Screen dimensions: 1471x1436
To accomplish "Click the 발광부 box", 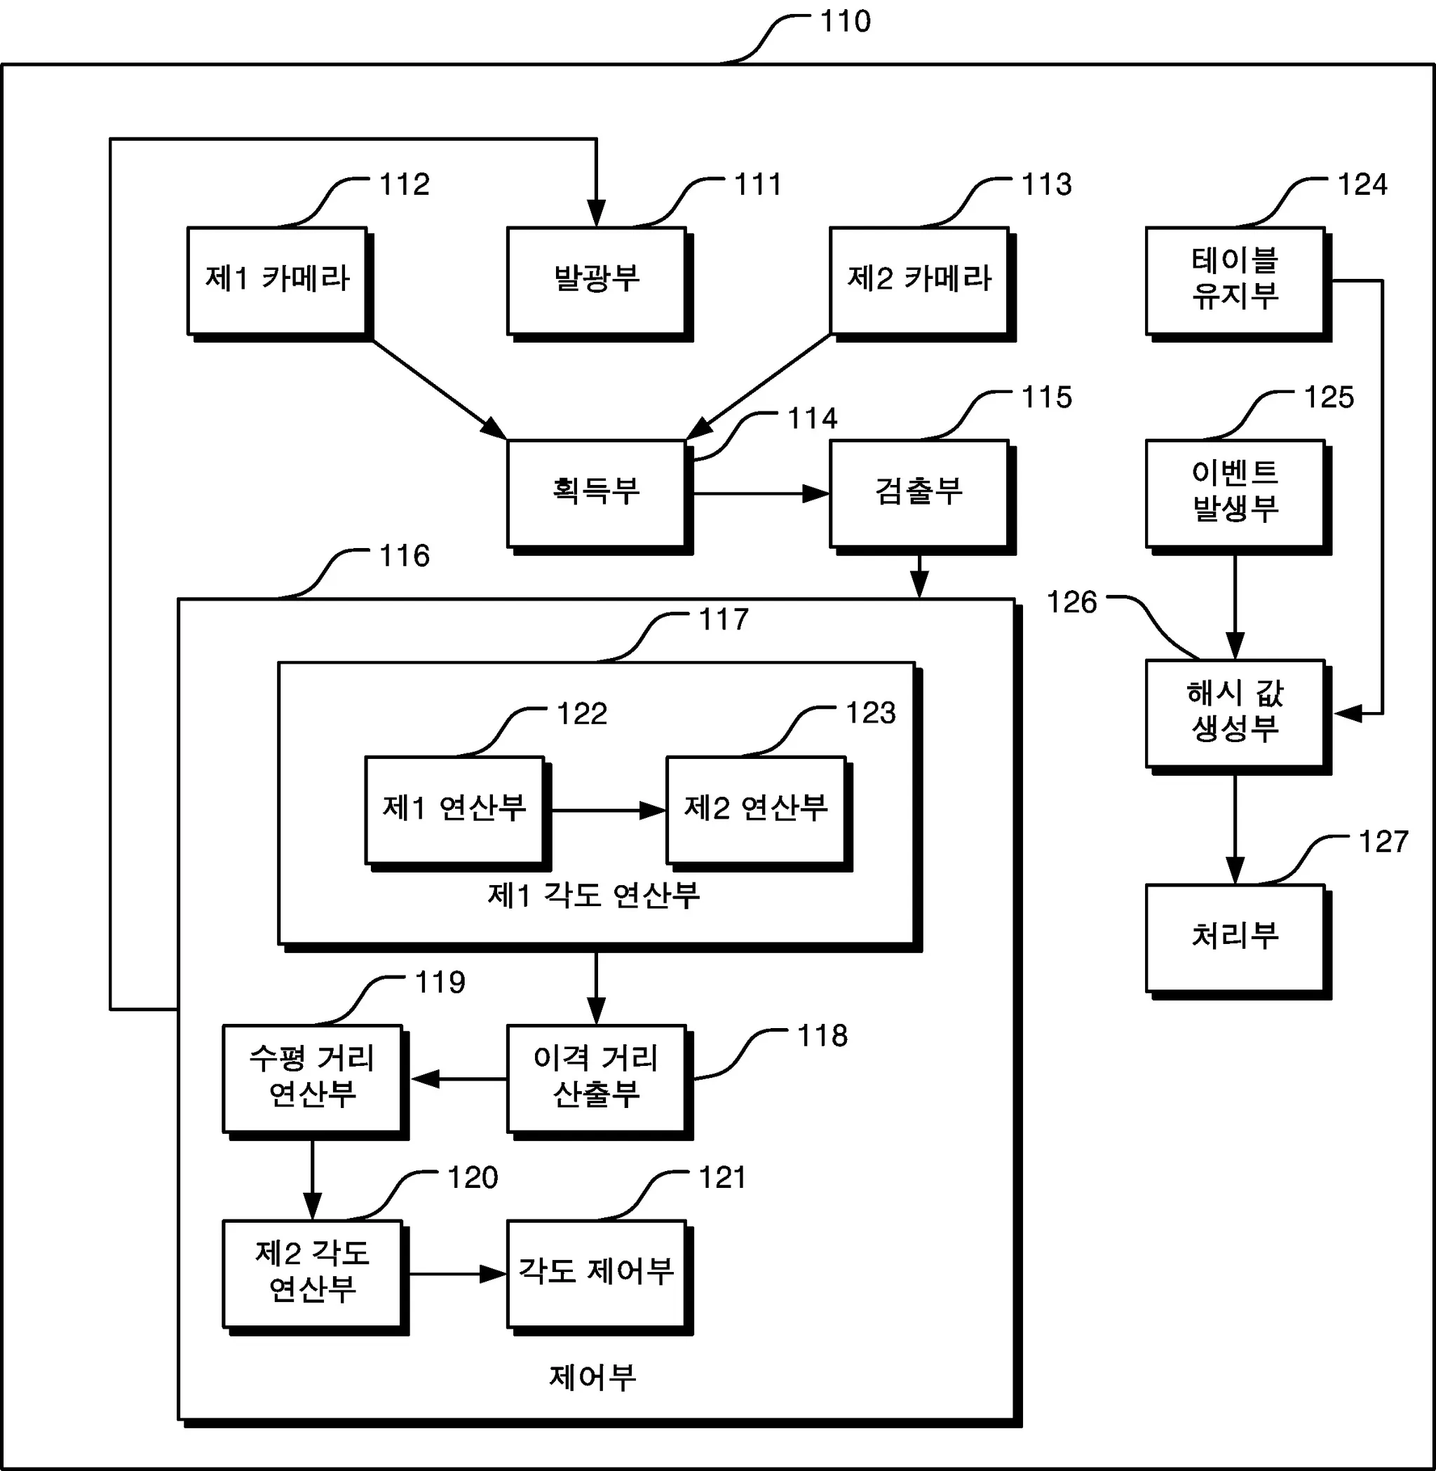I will click(x=597, y=280).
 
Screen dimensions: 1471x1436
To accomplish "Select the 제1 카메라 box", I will click(x=277, y=280).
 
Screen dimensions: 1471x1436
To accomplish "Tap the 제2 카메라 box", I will click(x=919, y=280).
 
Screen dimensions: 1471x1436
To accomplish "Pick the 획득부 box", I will click(x=597, y=493).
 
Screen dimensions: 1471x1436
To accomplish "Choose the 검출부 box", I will click(x=919, y=493).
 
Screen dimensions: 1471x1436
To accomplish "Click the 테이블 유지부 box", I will click(x=1235, y=280).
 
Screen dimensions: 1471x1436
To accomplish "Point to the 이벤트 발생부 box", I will click(x=1235, y=493).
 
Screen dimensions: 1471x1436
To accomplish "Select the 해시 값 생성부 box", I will click(x=1235, y=713).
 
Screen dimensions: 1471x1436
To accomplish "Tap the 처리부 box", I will click(x=1235, y=937).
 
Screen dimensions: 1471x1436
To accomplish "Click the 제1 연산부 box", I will click(x=454, y=809).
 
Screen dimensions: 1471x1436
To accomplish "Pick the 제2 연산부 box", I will click(x=756, y=809).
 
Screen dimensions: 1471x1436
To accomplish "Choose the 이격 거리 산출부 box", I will click(x=597, y=1078).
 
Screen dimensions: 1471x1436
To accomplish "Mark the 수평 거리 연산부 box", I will click(x=312, y=1078).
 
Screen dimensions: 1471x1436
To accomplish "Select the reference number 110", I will click(x=846, y=22).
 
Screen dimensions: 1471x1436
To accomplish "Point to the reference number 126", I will click(x=1071, y=603).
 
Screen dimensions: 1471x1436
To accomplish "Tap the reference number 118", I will click(x=822, y=1036).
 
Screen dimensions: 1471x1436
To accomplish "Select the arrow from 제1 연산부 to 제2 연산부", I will click(x=608, y=811).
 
